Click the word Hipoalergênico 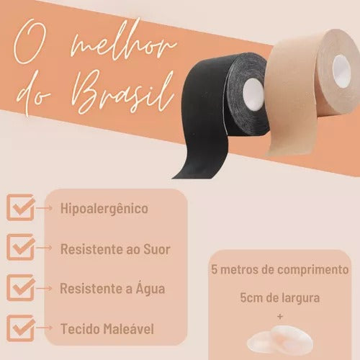tap(104, 208)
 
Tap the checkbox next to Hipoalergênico tap(21, 208)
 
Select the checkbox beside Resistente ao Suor tap(21, 248)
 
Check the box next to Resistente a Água tap(21, 288)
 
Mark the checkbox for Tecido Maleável tap(21, 328)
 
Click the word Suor tap(157, 249)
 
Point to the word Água tap(150, 288)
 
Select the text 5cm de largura tap(280, 298)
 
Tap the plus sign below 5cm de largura tap(280, 317)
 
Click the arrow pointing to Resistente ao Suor tap(44, 248)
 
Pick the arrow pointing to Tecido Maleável tap(44, 328)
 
